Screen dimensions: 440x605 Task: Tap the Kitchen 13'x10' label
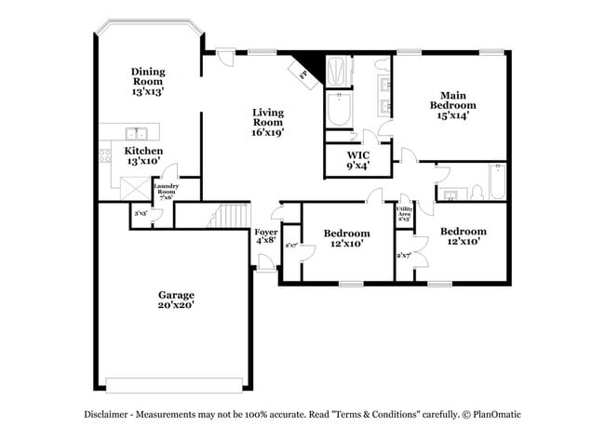(143, 155)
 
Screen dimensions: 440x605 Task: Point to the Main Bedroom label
(453, 105)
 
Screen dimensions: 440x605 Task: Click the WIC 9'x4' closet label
(357, 161)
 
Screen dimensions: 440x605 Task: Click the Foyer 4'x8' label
(266, 237)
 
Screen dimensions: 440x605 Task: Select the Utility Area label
(405, 214)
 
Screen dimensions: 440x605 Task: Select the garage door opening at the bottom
(176, 384)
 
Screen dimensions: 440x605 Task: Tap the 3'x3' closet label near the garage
(141, 214)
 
